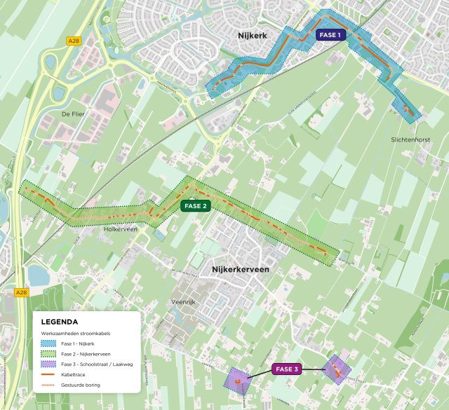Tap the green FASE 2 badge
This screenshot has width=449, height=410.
(195, 206)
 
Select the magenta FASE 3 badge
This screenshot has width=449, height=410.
(286, 369)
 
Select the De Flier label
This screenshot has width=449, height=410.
(73, 113)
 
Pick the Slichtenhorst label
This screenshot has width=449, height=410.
(413, 140)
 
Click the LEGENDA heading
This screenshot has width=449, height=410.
(60, 322)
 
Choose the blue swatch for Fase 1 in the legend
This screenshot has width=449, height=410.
(48, 344)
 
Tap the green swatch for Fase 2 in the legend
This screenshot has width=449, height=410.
(48, 355)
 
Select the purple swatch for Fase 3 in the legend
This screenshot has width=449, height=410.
(48, 366)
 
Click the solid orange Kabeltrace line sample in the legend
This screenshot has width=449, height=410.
(48, 376)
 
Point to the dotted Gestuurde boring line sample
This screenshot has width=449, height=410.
(48, 387)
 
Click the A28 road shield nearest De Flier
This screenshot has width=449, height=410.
(74, 41)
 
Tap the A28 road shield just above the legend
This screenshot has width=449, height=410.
(21, 292)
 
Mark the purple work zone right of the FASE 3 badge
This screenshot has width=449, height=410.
(337, 369)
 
